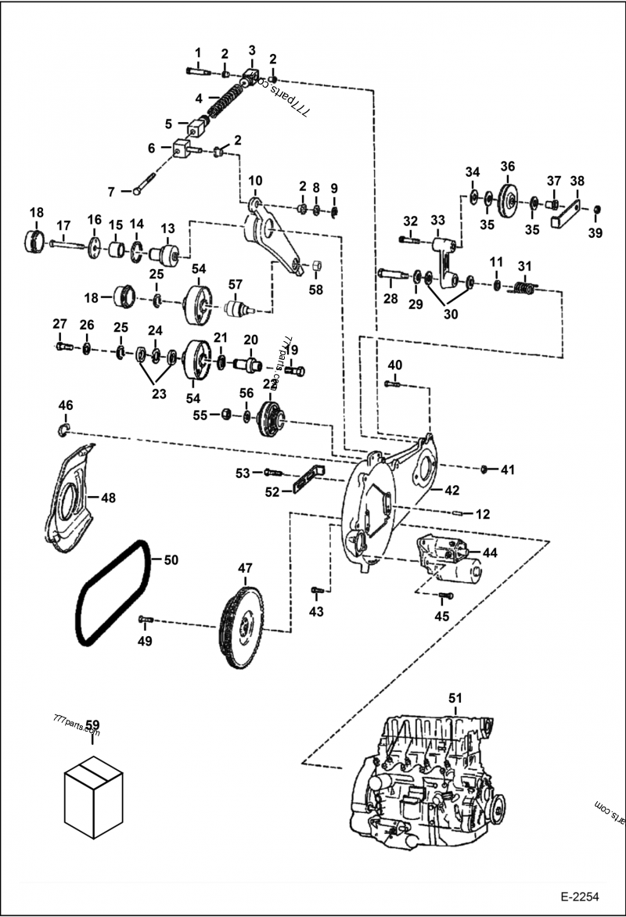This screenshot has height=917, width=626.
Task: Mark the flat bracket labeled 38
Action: [x=570, y=211]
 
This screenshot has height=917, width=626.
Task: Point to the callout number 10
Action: [x=255, y=181]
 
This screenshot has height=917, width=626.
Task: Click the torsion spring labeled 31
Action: [x=523, y=291]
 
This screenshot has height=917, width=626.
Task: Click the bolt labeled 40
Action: [x=393, y=383]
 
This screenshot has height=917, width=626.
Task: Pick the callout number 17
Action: [x=63, y=226]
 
